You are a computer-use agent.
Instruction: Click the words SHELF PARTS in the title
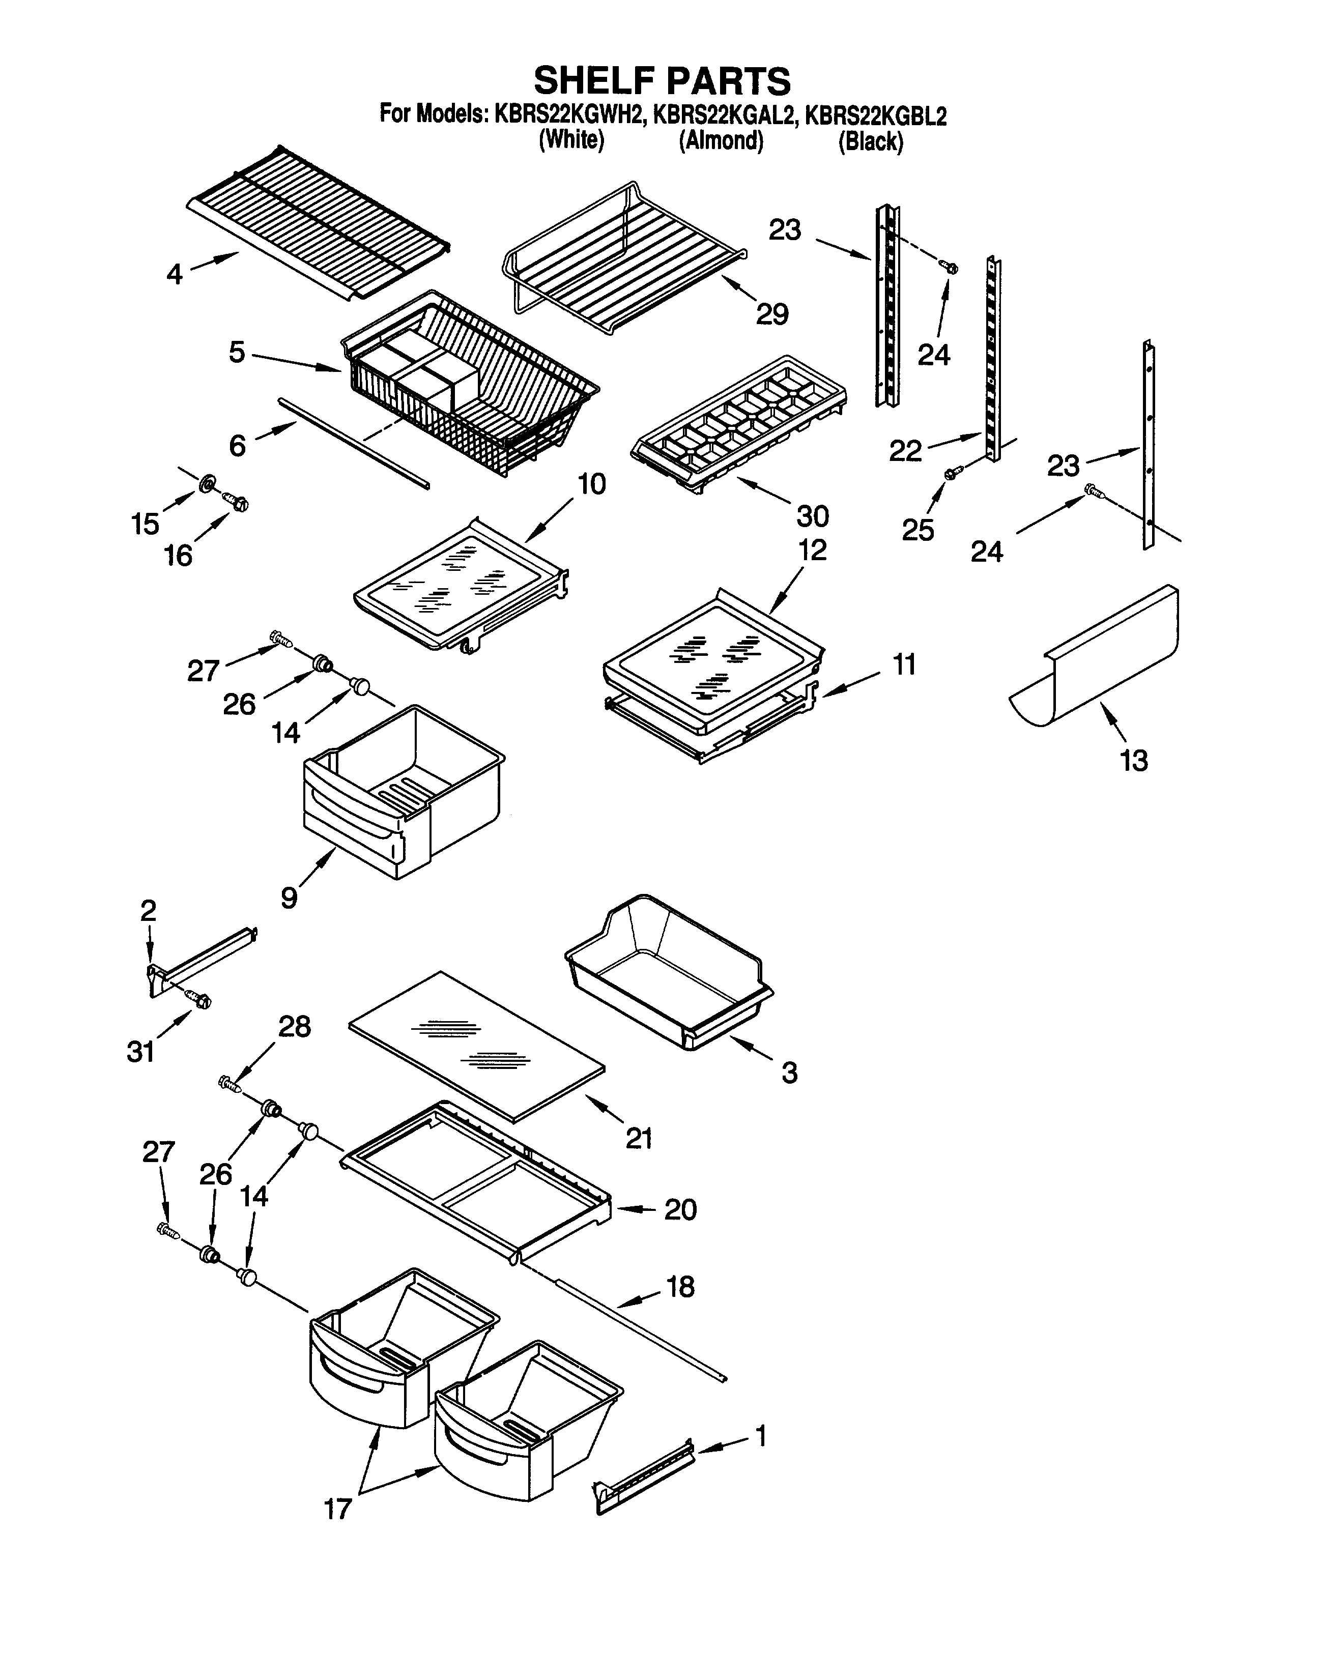pos(662,80)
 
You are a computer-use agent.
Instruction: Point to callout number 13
pos(1134,761)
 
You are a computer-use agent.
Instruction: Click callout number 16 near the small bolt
pos(179,555)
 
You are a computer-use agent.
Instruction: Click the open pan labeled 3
pos(668,973)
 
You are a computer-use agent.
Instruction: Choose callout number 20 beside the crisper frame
pos(680,1209)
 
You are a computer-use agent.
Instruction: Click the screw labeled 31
pos(197,999)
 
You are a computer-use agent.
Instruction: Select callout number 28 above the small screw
pos(294,1027)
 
